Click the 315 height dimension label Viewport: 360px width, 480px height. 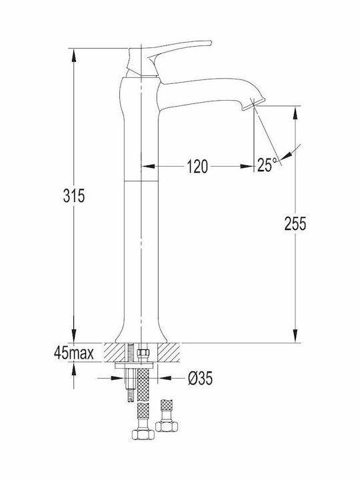[x=74, y=195]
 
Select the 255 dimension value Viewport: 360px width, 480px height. [x=295, y=223]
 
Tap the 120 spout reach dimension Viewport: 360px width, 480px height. [x=197, y=166]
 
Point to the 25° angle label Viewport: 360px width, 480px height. [x=267, y=165]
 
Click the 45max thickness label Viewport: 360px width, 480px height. [x=74, y=353]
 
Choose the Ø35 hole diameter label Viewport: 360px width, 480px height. [x=200, y=379]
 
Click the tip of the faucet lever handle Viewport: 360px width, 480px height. [x=210, y=43]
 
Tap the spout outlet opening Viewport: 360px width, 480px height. [x=249, y=107]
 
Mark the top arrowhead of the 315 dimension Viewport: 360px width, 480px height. [x=73, y=55]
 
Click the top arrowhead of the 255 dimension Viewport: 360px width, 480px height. [x=295, y=113]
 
